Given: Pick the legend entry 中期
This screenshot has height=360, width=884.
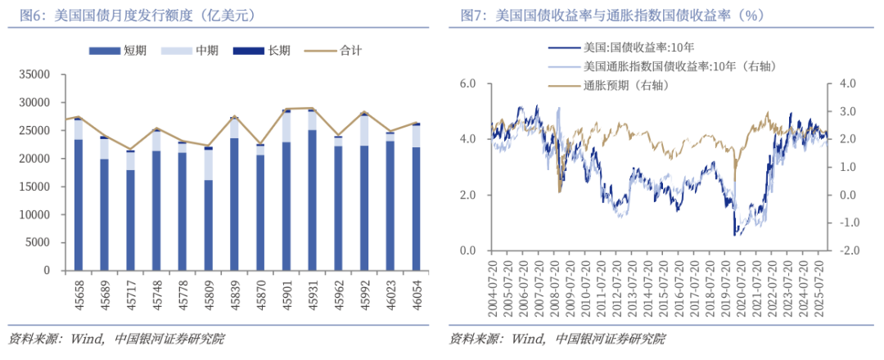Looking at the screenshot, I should click(x=197, y=51).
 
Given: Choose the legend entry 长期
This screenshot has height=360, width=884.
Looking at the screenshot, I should click(x=269, y=51).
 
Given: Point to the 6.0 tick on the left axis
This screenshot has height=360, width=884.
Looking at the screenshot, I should click(x=467, y=83).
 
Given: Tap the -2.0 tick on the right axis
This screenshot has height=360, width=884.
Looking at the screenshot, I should click(x=846, y=250).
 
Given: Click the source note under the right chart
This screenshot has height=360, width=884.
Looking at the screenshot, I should click(x=557, y=339).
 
